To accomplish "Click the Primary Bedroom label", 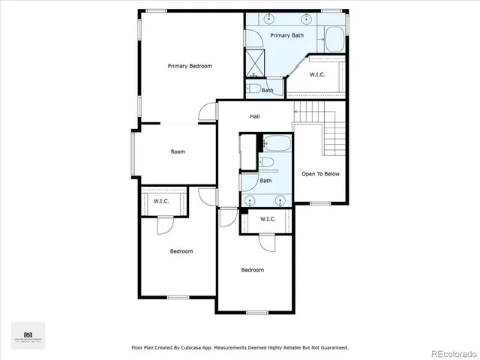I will coord(189,66).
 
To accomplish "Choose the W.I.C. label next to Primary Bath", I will coord(318,74).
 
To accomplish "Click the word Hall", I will coord(254,116).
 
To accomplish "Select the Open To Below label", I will coord(320,174).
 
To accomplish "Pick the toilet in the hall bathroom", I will coord(267,163).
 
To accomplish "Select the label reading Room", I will coord(178,151).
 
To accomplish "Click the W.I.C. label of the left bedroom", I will coord(161,201).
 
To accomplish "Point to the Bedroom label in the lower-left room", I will coord(181,251).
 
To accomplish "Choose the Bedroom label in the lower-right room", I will coord(253,270).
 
